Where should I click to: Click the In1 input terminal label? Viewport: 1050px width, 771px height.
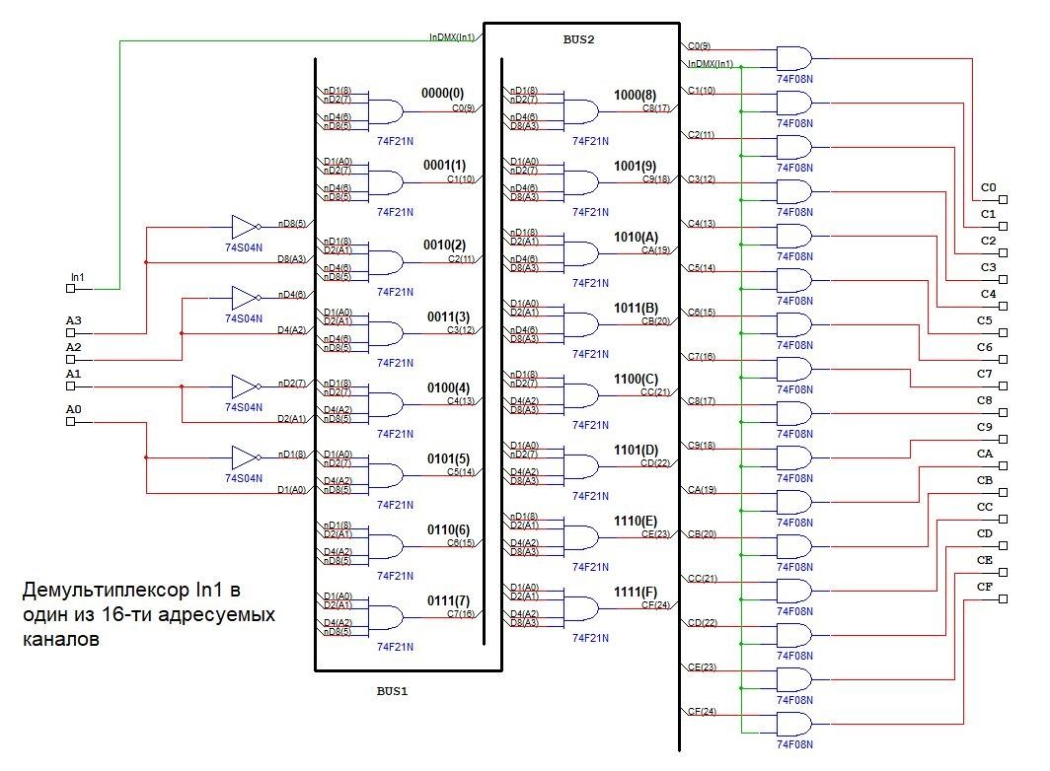click(77, 278)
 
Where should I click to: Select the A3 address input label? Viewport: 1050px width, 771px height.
click(74, 321)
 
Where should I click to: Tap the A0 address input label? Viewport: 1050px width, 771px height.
click(74, 409)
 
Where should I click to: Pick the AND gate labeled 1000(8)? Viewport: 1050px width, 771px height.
click(581, 108)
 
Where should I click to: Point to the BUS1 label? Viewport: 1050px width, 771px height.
click(392, 691)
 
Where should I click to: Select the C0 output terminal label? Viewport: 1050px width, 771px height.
click(988, 187)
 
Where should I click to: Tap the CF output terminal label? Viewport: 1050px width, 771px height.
click(985, 587)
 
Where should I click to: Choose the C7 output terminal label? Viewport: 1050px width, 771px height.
click(985, 374)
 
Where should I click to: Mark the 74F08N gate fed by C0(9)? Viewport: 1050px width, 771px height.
click(794, 56)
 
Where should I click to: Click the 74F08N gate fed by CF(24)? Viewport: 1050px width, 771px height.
click(794, 723)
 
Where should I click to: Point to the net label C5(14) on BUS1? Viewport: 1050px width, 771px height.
click(461, 472)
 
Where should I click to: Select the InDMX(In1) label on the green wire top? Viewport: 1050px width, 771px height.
click(453, 37)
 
